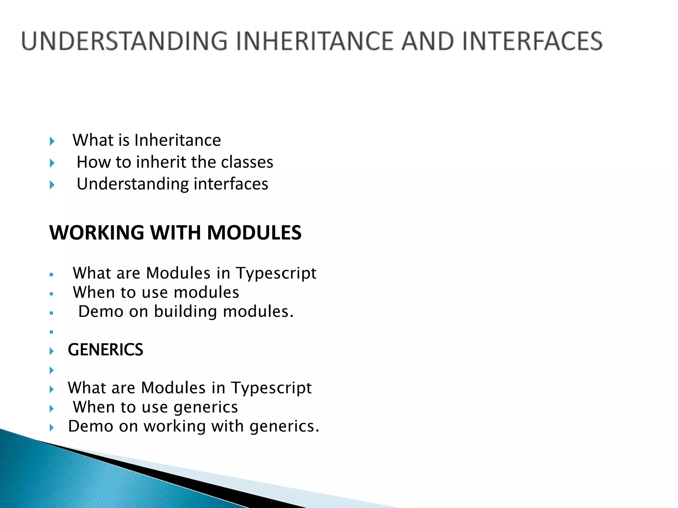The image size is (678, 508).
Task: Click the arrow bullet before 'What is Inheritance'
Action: (x=52, y=142)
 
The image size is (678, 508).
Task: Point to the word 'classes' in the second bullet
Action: (x=247, y=162)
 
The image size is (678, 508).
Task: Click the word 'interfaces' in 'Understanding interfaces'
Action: (x=231, y=184)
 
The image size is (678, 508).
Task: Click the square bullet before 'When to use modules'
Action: (x=51, y=294)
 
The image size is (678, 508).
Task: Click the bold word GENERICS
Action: (x=105, y=350)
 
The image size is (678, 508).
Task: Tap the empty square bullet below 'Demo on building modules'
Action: (x=51, y=332)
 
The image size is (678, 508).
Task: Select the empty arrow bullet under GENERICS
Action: (x=52, y=370)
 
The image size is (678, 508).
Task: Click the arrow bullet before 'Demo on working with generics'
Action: (x=52, y=428)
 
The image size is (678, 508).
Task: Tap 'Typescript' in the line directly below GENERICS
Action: (x=271, y=388)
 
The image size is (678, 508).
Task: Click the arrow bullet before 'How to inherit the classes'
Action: (x=52, y=163)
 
